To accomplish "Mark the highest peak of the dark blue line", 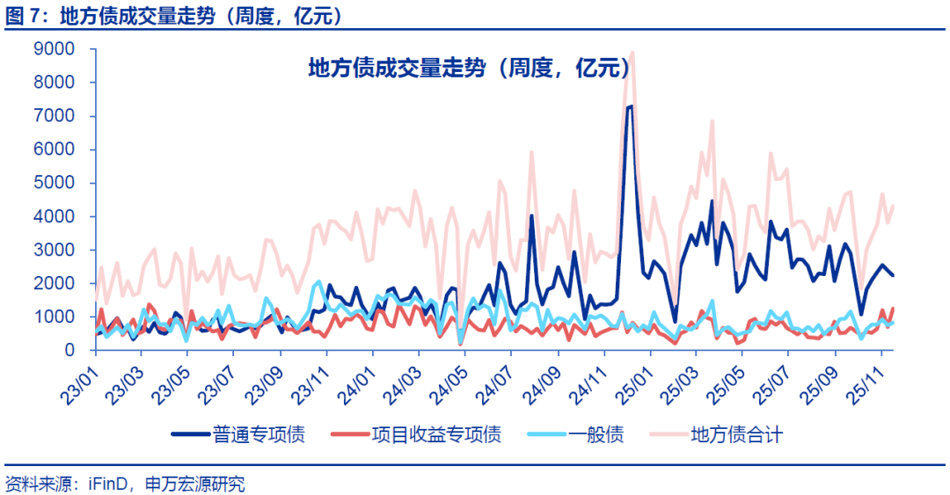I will point(630,106).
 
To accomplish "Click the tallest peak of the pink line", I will point(632,52).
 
